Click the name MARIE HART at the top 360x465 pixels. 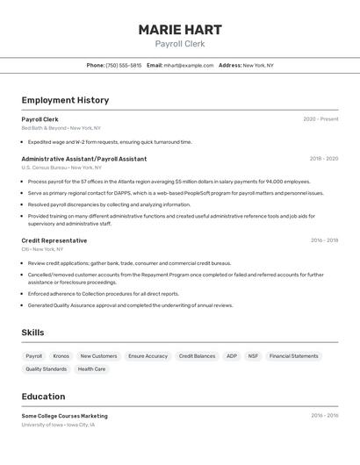[x=179, y=30]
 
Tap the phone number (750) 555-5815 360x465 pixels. [x=123, y=65]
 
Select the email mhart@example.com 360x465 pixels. [x=188, y=65]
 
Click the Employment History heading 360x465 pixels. [x=65, y=100]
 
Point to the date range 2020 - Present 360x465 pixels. [x=320, y=119]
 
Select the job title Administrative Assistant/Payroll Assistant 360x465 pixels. [x=84, y=159]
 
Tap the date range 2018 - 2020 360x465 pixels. [x=323, y=159]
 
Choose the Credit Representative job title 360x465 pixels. [x=54, y=240]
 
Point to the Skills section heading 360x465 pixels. [x=32, y=333]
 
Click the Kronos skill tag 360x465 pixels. [x=61, y=356]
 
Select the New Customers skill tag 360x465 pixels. [x=98, y=356]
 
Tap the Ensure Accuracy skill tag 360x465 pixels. [x=148, y=356]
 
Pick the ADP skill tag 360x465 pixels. [x=232, y=356]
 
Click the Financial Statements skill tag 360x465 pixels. [x=293, y=356]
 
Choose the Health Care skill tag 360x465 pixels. [x=91, y=369]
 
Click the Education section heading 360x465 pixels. [x=43, y=397]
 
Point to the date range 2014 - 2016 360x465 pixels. [x=323, y=416]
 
